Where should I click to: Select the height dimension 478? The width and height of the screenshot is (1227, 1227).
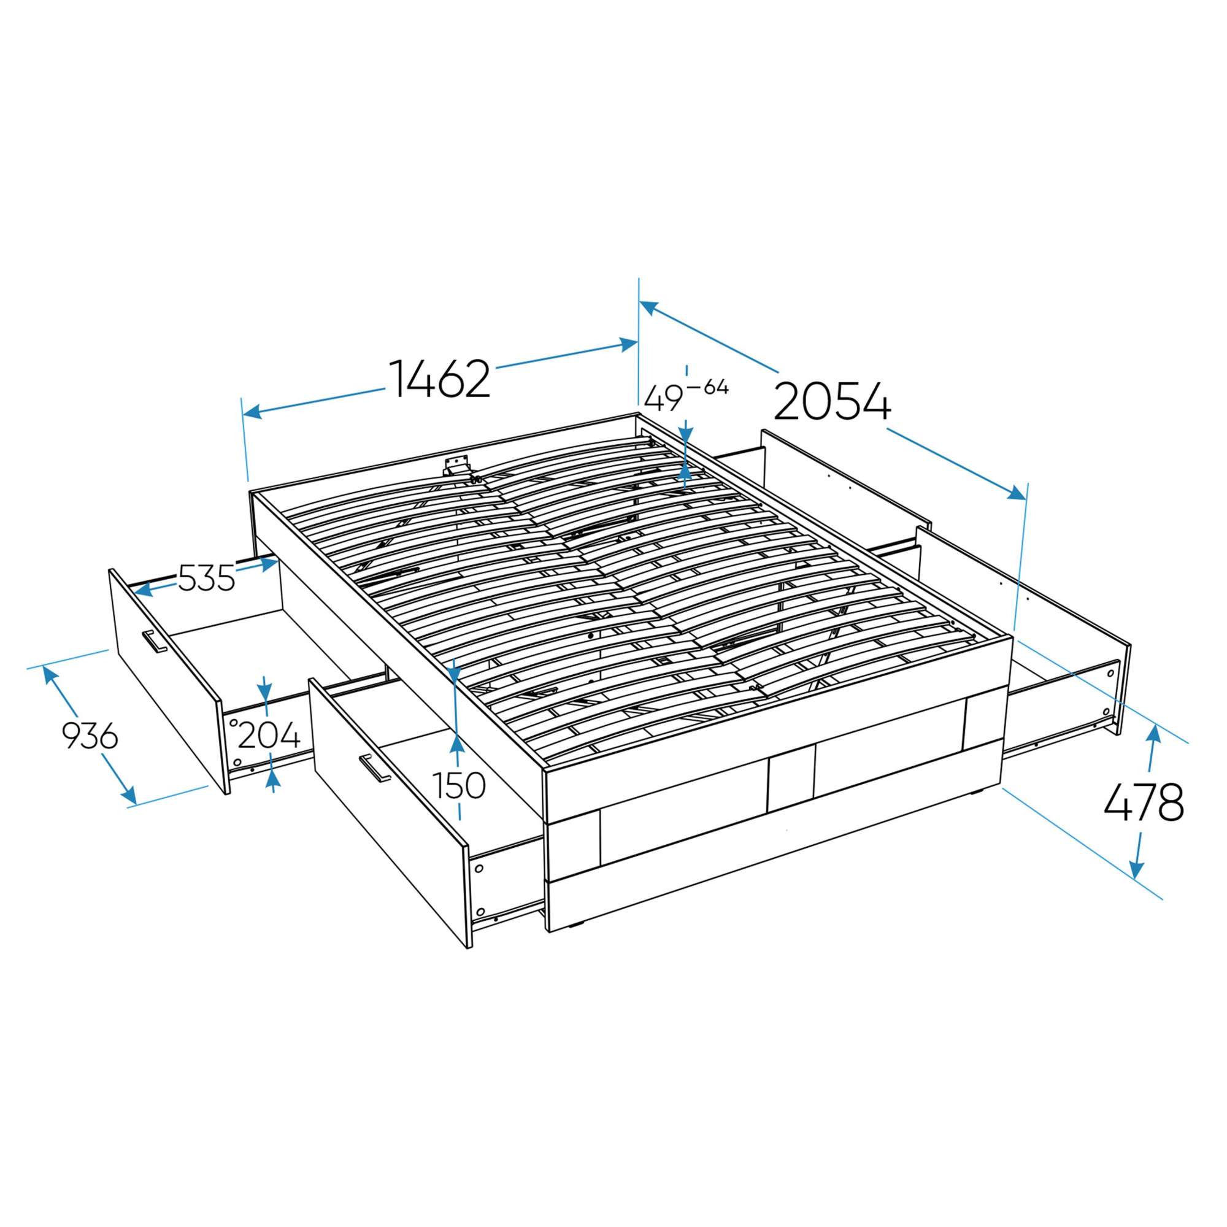(1143, 802)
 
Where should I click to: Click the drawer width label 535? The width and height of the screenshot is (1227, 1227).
(206, 578)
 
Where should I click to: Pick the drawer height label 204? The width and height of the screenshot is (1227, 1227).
(269, 737)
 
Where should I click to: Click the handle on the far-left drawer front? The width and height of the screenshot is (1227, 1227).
(155, 642)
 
